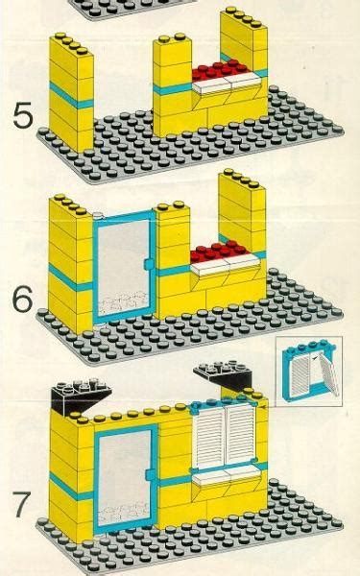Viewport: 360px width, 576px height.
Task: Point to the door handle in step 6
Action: pos(146,261)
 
